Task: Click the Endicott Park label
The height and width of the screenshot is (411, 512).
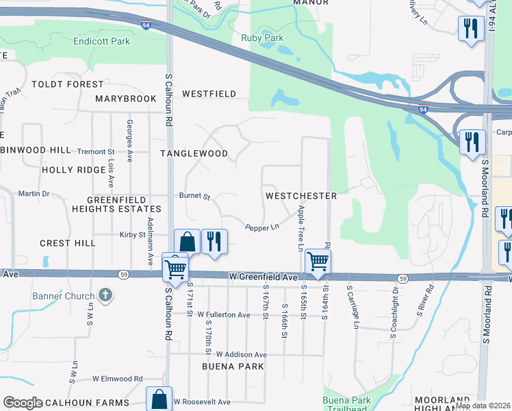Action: point(101,41)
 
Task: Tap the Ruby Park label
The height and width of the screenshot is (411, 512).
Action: point(262,38)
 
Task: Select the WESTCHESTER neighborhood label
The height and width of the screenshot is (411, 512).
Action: point(301,196)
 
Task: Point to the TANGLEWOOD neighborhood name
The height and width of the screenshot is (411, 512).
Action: point(194,154)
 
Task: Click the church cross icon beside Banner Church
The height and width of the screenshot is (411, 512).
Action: point(105,296)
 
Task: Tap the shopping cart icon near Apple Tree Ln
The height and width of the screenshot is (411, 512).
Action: point(318,260)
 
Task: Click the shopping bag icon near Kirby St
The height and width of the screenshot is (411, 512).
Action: point(187,241)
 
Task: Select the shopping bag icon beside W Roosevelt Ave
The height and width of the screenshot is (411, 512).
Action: point(159,399)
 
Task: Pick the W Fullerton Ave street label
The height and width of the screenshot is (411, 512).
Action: point(224,315)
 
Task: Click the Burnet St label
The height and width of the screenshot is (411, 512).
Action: point(195,197)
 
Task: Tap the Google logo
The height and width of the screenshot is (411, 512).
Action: point(23,403)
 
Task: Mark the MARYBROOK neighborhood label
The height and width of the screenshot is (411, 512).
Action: point(126,99)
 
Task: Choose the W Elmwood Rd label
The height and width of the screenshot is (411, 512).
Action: point(118,378)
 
